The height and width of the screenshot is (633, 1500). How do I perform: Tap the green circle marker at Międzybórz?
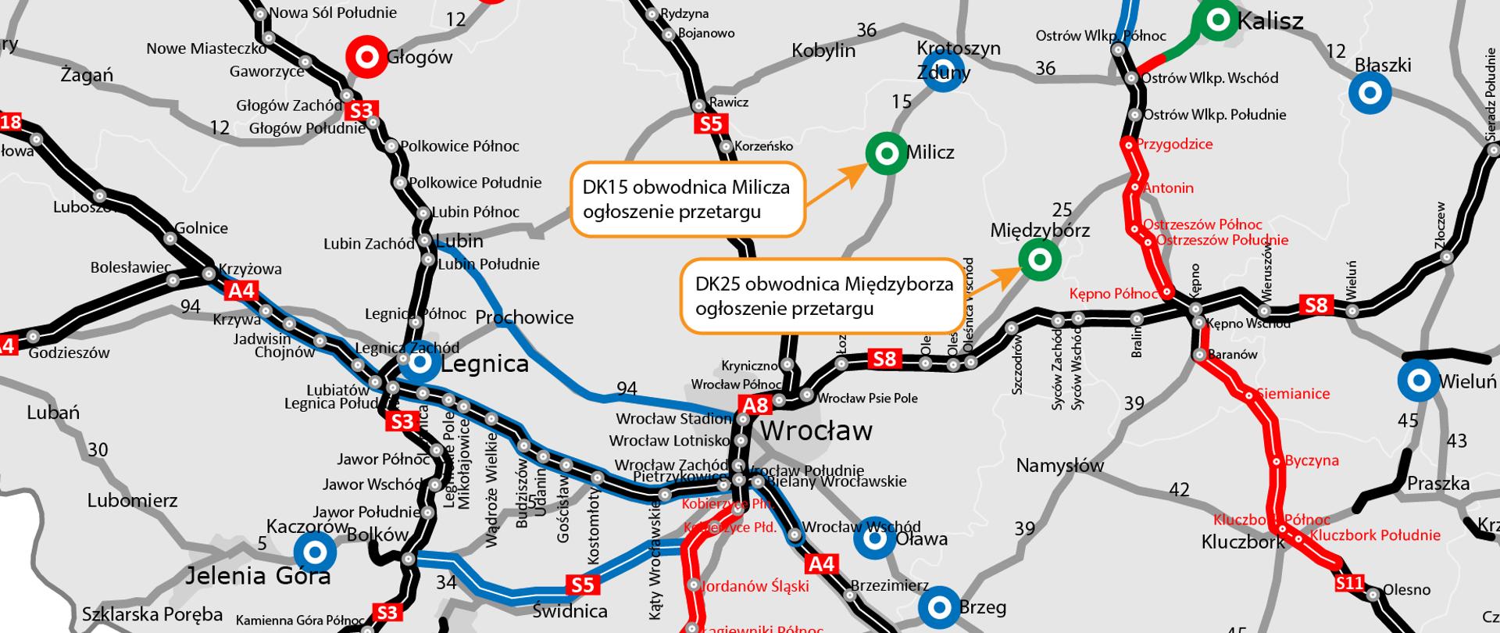[1039, 259]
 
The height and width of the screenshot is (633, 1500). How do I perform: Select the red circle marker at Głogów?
[366, 56]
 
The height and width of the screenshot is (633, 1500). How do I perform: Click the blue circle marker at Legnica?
[420, 363]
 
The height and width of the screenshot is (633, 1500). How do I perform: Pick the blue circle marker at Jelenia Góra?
[315, 553]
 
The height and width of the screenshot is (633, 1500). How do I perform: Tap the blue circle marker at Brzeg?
[939, 607]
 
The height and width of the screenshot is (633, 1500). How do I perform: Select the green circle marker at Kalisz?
[1217, 21]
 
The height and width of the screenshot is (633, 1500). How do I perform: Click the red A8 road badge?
[756, 405]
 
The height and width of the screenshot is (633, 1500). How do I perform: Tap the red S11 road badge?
[1349, 583]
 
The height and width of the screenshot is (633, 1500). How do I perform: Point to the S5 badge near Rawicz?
[711, 123]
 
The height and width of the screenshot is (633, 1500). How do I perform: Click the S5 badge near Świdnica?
[582, 585]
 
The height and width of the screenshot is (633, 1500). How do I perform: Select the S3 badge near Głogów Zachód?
[361, 111]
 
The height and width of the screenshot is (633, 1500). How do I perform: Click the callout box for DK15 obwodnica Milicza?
[687, 199]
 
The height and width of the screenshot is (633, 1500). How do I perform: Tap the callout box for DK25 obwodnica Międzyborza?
[823, 295]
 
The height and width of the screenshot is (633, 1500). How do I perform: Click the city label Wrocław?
[816, 431]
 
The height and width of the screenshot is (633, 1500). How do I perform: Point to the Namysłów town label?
[1059, 467]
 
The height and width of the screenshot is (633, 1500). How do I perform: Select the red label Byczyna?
[1312, 460]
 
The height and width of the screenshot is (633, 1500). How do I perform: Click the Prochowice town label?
[524, 317]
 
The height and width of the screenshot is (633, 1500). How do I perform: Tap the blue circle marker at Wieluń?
[1418, 381]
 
